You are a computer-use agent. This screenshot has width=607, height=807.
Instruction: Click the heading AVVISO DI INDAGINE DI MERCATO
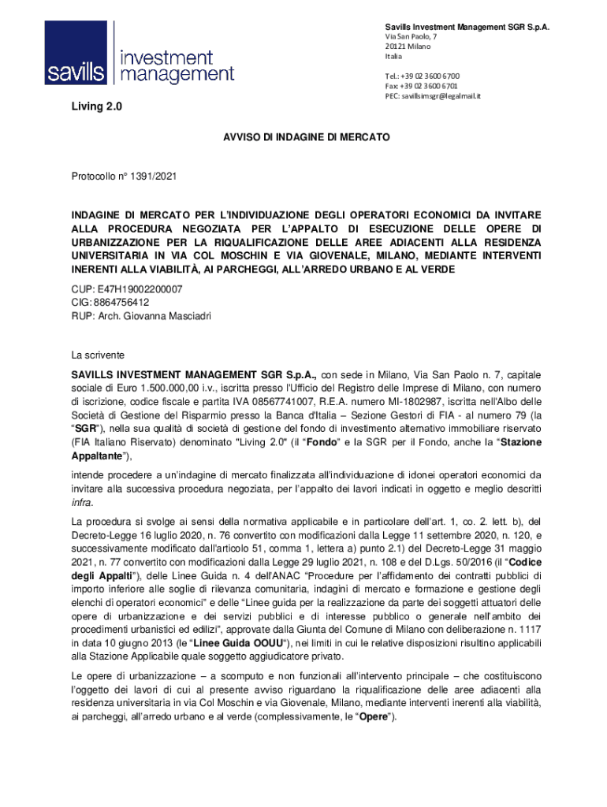click(303, 137)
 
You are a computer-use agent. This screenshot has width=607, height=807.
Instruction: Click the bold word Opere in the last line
click(374, 716)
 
